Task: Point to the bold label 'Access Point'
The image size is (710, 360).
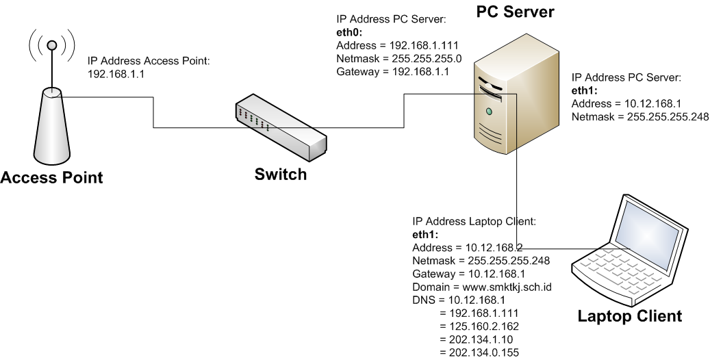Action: click(51, 178)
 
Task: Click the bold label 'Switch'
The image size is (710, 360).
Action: click(280, 175)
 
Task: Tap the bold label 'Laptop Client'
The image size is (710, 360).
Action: click(629, 316)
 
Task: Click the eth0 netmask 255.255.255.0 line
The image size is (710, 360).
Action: click(398, 58)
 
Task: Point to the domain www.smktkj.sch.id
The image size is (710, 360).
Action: click(482, 287)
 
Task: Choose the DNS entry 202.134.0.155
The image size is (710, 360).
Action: click(483, 352)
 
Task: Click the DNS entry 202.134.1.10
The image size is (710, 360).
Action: click(480, 339)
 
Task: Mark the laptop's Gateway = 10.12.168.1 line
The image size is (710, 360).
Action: click(468, 274)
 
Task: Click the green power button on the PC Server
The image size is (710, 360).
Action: click(489, 111)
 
